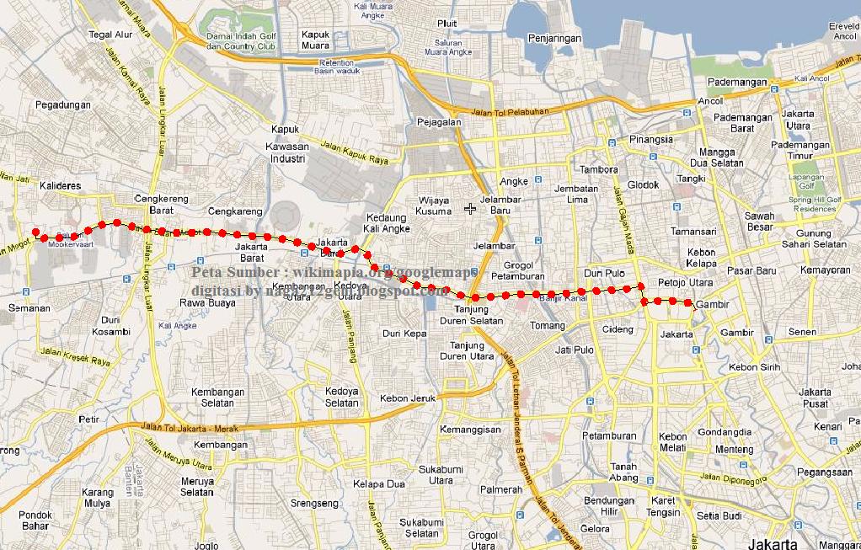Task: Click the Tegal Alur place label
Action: pyautogui.click(x=111, y=35)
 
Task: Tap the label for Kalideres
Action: pyautogui.click(x=60, y=184)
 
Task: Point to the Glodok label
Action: pyautogui.click(x=644, y=184)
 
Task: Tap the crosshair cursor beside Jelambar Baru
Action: pyautogui.click(x=470, y=208)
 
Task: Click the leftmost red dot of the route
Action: pyautogui.click(x=35, y=232)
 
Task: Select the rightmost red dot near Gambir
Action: pyautogui.click(x=688, y=302)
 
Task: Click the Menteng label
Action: pyautogui.click(x=734, y=450)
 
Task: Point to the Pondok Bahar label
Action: pyautogui.click(x=35, y=520)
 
